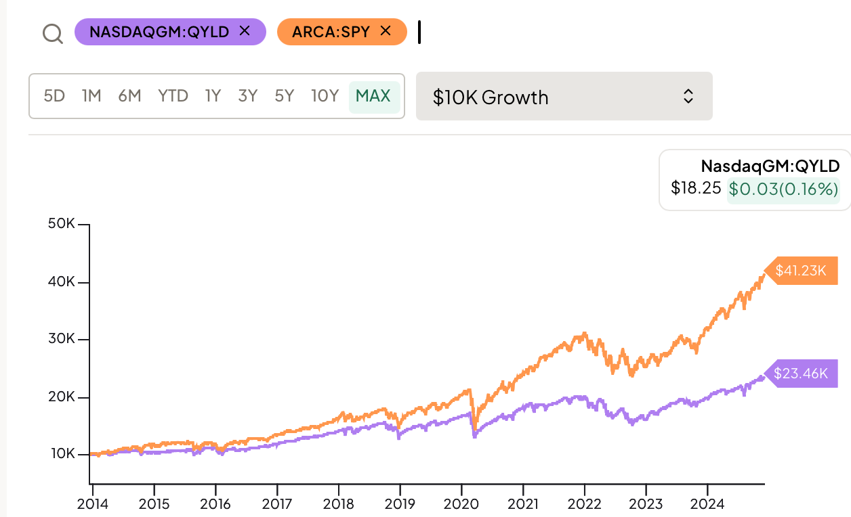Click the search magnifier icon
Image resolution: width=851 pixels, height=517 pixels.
point(52,32)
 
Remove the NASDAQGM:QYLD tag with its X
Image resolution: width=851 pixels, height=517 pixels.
point(245,31)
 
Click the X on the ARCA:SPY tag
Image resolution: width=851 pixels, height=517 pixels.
point(386,31)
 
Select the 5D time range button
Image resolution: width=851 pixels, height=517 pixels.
point(54,96)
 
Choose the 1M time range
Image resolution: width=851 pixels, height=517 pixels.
point(91,96)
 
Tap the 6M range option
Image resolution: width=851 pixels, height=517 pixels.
point(129,96)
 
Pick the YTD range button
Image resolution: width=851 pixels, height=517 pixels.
point(173,96)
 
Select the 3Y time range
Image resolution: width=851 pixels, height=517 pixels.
point(248,96)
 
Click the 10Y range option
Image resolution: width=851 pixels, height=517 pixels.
point(325,96)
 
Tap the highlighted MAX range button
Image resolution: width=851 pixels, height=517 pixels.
point(373,96)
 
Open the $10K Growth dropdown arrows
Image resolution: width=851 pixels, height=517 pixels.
point(688,97)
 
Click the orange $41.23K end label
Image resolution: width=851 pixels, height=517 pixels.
point(802,271)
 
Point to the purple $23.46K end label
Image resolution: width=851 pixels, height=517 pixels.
point(802,374)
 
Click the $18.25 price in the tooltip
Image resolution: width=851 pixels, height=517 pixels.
point(696,187)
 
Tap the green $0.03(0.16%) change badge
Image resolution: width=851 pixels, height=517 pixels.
point(783,189)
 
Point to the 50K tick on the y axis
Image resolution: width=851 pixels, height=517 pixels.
point(62,224)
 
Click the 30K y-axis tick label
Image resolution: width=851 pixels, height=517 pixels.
point(62,340)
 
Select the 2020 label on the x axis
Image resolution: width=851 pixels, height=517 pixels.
point(461,505)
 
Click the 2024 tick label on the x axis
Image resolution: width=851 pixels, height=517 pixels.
point(707,505)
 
